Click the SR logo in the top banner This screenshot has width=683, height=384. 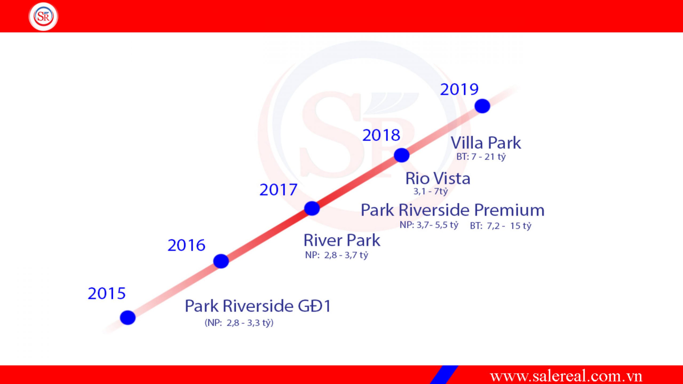[43, 16]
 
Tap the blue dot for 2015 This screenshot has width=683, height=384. [128, 318]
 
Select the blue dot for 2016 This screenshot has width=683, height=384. [221, 261]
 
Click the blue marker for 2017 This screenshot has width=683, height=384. [312, 208]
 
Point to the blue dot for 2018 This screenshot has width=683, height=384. [402, 155]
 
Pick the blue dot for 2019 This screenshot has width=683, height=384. [482, 106]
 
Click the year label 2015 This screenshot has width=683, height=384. [107, 293]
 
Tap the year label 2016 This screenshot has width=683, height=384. [186, 245]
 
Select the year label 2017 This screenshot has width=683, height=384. [278, 190]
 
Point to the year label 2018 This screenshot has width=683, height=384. [381, 135]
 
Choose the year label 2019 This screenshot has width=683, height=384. [459, 89]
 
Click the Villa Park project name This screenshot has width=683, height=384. [486, 143]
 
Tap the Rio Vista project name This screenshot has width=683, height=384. [438, 178]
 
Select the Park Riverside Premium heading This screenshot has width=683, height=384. [452, 210]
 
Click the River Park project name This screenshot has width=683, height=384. [342, 240]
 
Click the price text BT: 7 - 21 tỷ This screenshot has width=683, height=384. [481, 157]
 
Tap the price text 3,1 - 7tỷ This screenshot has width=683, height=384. [431, 191]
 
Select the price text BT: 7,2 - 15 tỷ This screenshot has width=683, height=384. [501, 226]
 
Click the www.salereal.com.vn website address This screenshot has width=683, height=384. [566, 376]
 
